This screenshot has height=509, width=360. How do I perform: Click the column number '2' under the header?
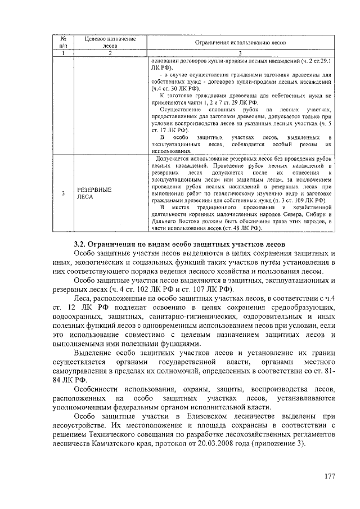tap(111, 53)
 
